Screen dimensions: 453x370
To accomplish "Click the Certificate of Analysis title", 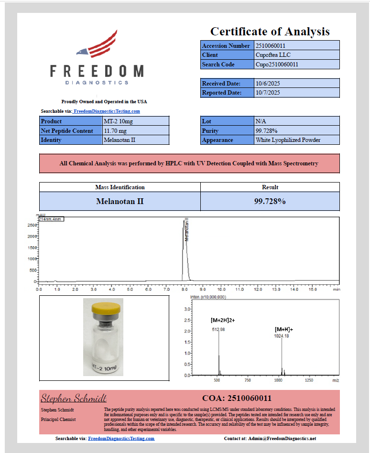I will [x=270, y=32].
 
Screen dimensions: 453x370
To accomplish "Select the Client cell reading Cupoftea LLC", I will [x=270, y=55].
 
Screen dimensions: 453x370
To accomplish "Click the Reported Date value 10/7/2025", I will [x=268, y=93].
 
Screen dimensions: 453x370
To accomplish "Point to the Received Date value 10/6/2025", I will [x=268, y=84].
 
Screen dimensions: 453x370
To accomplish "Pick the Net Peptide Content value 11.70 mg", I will [x=115, y=130].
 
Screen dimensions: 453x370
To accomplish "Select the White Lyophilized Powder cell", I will [x=288, y=140].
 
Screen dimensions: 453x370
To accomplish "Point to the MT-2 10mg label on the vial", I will [x=104, y=368].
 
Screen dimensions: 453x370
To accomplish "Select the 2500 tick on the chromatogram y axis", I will [x=32, y=225].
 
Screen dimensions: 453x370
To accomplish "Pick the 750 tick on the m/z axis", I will [x=248, y=380].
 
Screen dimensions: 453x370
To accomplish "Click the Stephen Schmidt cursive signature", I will [x=74, y=398].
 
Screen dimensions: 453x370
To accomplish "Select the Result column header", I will [x=270, y=187].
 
